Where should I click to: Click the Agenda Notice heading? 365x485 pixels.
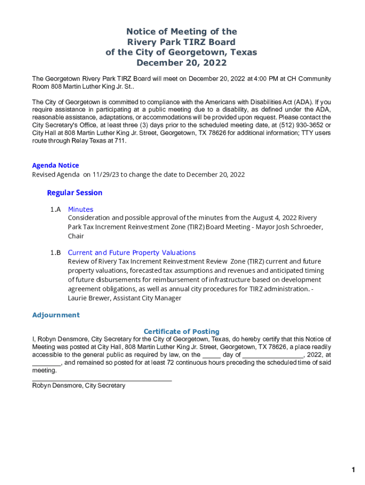[55, 165]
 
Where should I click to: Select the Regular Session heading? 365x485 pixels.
[74, 193]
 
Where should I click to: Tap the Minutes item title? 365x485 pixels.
[81, 209]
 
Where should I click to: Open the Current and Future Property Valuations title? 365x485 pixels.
[132, 252]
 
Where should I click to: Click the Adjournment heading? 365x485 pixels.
[56, 315]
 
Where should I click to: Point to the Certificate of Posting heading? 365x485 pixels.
[182, 332]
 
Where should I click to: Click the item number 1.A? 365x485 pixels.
[55, 209]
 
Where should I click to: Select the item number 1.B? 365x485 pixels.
[55, 252]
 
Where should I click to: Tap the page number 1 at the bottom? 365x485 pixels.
[353, 470]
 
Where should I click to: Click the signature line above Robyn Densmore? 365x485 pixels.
[102, 380]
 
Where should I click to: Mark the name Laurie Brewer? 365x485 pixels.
[89, 298]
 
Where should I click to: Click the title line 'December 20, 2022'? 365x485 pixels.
[182, 63]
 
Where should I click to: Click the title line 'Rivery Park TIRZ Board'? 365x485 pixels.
[182, 42]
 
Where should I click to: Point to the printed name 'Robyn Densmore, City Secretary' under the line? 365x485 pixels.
[79, 386]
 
